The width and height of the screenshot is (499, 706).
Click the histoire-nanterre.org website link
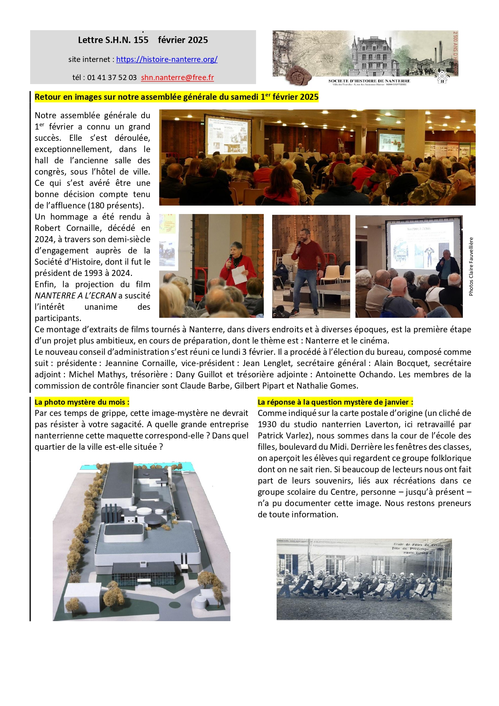pyautogui.click(x=167, y=60)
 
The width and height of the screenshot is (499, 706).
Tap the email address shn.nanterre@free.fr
pyautogui.click(x=177, y=78)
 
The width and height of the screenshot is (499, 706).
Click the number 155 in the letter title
pyautogui.click(x=141, y=40)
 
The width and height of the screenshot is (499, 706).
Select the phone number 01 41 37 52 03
pyautogui.click(x=112, y=78)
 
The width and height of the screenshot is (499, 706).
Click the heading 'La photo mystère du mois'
pyautogui.click(x=82, y=402)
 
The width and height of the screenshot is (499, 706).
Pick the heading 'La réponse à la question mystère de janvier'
pyautogui.click(x=335, y=402)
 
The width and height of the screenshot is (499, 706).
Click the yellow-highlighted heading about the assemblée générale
pyautogui.click(x=177, y=97)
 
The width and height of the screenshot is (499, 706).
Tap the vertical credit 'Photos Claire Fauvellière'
pyautogui.click(x=471, y=266)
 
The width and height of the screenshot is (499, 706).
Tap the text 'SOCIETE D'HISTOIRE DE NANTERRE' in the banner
pyautogui.click(x=369, y=81)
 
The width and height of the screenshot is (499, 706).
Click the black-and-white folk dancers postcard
pyautogui.click(x=364, y=579)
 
